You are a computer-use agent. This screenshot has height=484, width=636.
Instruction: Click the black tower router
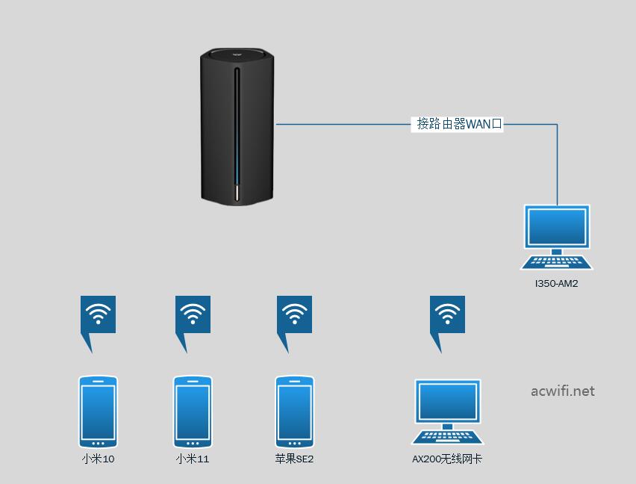pyautogui.click(x=237, y=126)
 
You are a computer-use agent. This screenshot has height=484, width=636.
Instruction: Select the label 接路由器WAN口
pyautogui.click(x=458, y=124)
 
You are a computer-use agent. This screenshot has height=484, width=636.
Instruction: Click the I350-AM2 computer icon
pyautogui.click(x=557, y=238)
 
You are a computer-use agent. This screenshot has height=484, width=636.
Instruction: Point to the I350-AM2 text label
pyautogui.click(x=557, y=284)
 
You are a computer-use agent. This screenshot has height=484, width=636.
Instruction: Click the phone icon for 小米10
pyautogui.click(x=98, y=412)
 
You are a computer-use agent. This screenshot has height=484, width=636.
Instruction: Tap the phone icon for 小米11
pyautogui.click(x=193, y=412)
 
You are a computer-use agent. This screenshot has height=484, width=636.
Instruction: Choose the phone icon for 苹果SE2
pyautogui.click(x=294, y=412)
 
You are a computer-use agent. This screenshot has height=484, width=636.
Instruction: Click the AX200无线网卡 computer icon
pyautogui.click(x=447, y=412)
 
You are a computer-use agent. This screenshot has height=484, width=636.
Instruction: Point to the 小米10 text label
pyautogui.click(x=98, y=459)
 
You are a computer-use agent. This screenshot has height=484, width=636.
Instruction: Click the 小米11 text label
pyautogui.click(x=193, y=459)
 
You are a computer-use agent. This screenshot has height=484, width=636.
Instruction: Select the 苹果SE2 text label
pyautogui.click(x=294, y=459)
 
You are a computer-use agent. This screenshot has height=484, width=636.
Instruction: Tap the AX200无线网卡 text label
pyautogui.click(x=447, y=459)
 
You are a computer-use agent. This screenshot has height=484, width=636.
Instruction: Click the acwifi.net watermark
pyautogui.click(x=563, y=391)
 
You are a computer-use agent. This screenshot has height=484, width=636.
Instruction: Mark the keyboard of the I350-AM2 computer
pyautogui.click(x=557, y=262)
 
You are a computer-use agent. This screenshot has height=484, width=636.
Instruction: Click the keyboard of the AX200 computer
pyautogui.click(x=447, y=438)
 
